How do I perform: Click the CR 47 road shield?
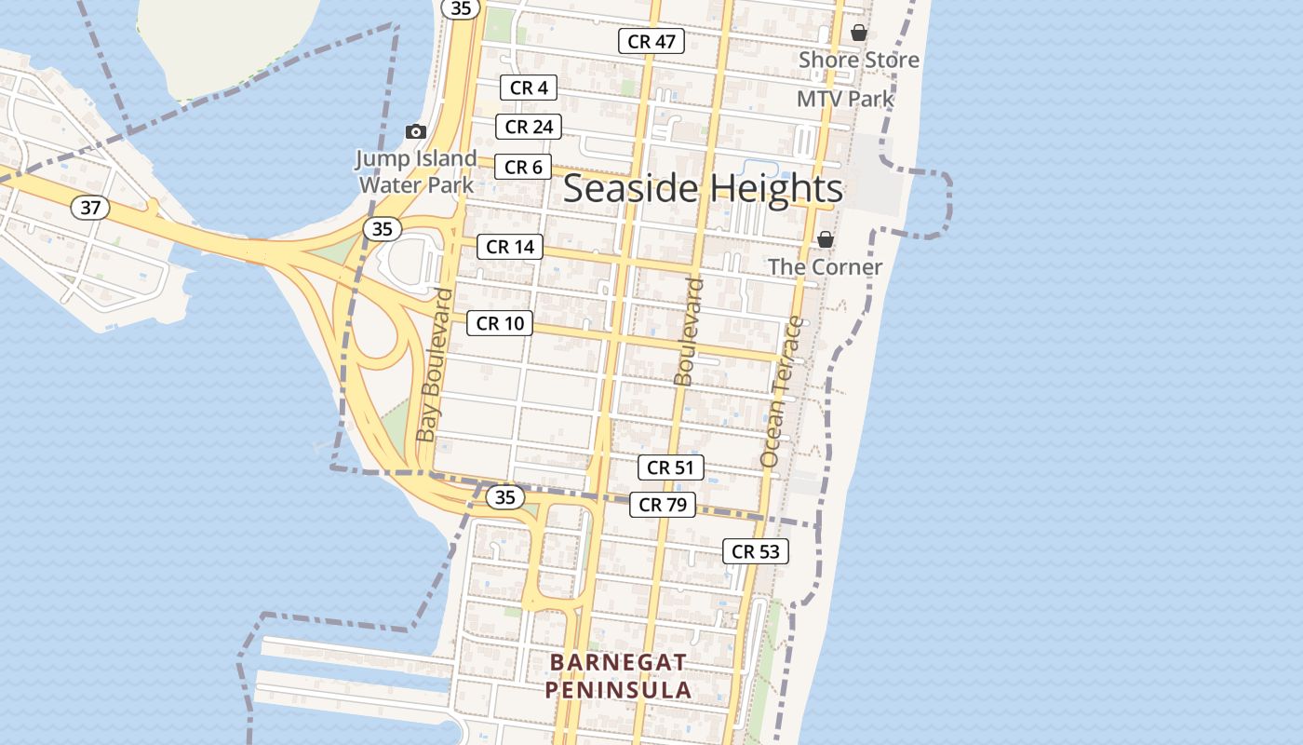click(651, 41)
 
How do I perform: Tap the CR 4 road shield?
click(529, 88)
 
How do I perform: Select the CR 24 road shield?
click(529, 127)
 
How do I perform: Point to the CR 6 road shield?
click(522, 167)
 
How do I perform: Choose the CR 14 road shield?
click(510, 247)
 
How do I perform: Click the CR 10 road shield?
click(500, 323)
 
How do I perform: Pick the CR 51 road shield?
click(670, 467)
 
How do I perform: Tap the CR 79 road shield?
click(663, 505)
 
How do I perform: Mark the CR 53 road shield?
click(756, 551)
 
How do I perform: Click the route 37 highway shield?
click(90, 208)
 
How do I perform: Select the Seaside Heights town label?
click(703, 188)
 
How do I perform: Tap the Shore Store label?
click(859, 60)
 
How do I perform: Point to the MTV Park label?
click(845, 99)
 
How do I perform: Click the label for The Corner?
click(825, 267)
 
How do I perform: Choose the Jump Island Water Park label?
click(416, 171)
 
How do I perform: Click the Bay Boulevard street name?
click(435, 364)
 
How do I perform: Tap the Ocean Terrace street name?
click(782, 391)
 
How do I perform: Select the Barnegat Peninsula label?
click(618, 676)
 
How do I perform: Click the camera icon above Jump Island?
click(416, 132)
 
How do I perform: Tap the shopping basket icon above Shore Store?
click(859, 33)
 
